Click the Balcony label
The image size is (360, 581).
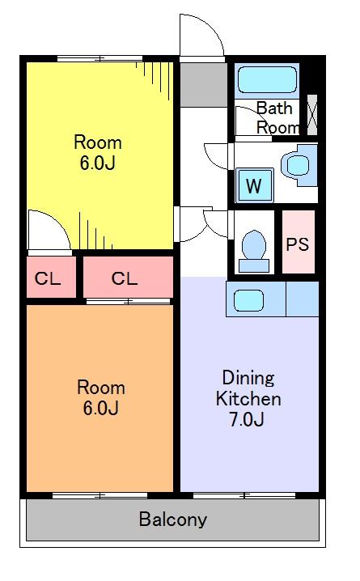click(172, 520)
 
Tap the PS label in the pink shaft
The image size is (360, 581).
click(298, 244)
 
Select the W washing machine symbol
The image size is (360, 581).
click(255, 185)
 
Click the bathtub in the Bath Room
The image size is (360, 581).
click(267, 80)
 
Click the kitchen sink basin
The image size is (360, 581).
click(249, 300)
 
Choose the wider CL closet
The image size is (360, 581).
click(128, 277)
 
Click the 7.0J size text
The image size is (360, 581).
click(246, 419)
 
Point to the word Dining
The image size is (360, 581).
click(248, 379)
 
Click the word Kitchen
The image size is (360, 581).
click(248, 399)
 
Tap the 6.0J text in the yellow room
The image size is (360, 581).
click(98, 163)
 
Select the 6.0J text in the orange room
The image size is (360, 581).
click(101, 408)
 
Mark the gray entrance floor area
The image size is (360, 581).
click(204, 84)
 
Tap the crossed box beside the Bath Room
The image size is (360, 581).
click(312, 115)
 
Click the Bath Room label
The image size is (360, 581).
click(277, 118)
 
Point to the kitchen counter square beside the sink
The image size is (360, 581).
click(303, 299)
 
